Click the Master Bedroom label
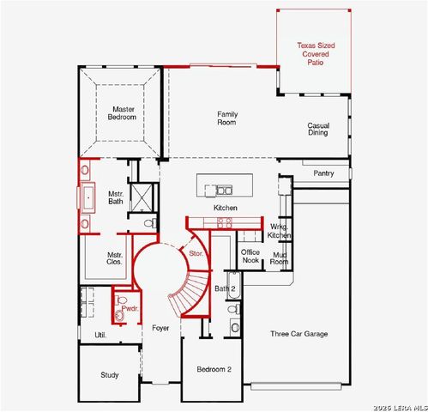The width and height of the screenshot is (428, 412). [120, 114]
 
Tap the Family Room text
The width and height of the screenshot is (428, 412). [227, 118]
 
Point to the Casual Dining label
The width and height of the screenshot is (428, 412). [318, 130]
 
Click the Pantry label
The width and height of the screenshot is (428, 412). [323, 173]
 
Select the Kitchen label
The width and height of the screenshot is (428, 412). [226, 209]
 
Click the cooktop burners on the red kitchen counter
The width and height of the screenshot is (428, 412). [225, 221]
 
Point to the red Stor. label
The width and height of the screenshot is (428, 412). [196, 253]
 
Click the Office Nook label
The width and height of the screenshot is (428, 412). [250, 256]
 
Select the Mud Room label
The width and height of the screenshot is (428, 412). [279, 257]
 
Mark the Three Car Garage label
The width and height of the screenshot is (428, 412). [298, 334]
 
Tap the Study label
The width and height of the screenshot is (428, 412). [109, 375]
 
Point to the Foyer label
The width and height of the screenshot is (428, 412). [160, 329]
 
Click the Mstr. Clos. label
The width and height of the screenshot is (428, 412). [114, 258]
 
